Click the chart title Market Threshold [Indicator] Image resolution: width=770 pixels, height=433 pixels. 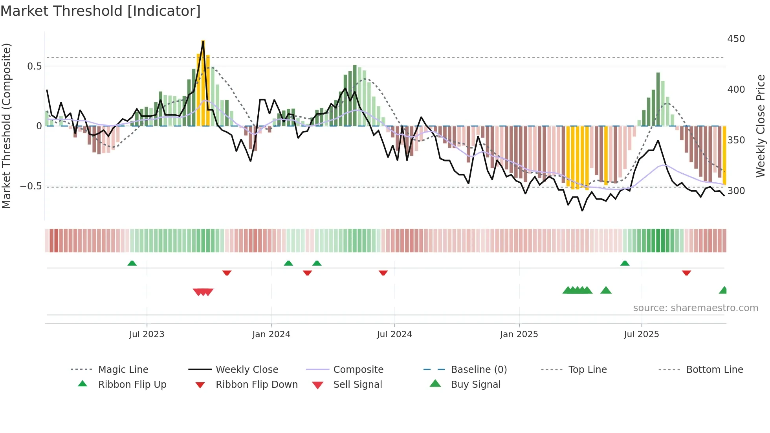[x=101, y=11]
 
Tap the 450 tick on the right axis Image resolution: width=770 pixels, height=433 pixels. [x=736, y=39]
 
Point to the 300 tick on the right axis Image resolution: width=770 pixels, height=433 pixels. [x=736, y=191]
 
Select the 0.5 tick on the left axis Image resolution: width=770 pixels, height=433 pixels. [x=34, y=66]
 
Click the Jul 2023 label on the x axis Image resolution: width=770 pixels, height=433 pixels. [x=147, y=334]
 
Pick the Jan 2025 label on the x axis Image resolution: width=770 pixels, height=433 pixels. [x=519, y=334]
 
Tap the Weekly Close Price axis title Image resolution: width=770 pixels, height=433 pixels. [x=761, y=126]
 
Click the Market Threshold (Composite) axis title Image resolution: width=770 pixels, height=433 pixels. [x=6, y=126]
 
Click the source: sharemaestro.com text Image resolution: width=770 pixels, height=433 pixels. [x=695, y=308]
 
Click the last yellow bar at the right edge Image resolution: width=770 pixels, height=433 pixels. [x=724, y=155]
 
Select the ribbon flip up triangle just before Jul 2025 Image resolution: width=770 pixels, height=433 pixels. [x=625, y=263]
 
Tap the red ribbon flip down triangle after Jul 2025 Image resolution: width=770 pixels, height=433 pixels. [x=686, y=273]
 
